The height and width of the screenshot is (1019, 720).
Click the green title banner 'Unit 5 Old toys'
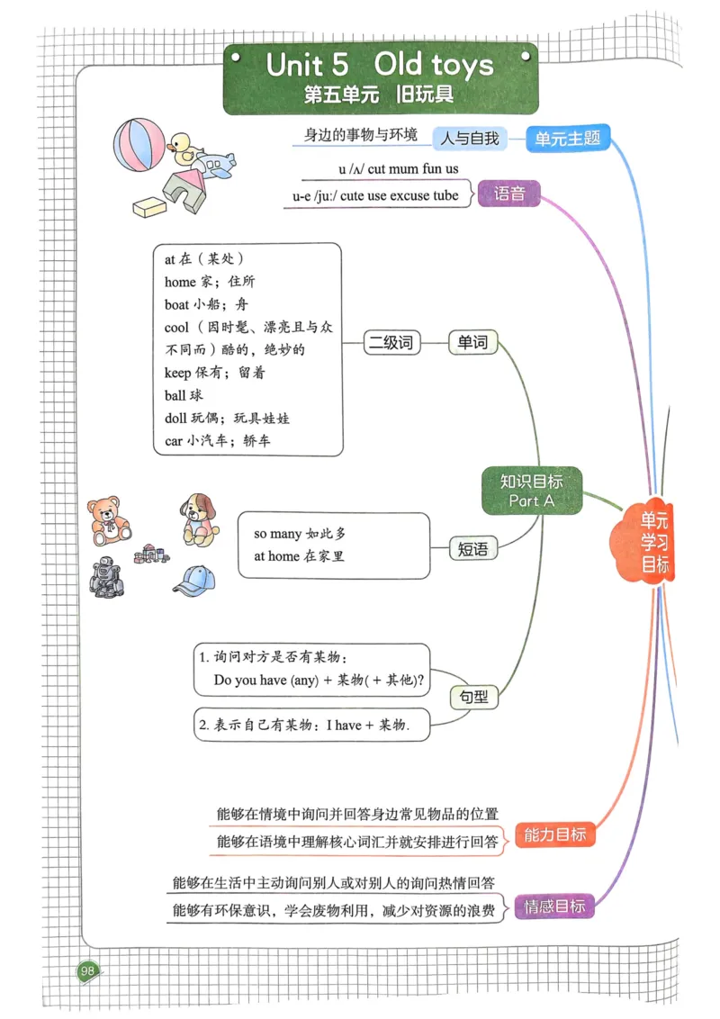[x=380, y=77]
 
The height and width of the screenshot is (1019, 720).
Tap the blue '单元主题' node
[x=567, y=139]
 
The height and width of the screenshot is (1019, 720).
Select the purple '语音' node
[x=509, y=193]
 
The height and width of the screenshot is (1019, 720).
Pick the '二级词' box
[x=392, y=342]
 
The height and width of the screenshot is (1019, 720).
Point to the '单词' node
[x=472, y=342]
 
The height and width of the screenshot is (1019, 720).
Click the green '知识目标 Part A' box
[x=532, y=491]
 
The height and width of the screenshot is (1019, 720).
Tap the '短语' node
[x=472, y=548]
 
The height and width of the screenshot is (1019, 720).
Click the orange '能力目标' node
[x=554, y=834]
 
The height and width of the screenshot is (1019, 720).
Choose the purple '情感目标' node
[x=554, y=906]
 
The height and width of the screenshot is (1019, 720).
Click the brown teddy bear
[x=108, y=521]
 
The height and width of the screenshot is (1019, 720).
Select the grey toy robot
[x=106, y=577]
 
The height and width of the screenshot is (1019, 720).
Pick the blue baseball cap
[x=194, y=581]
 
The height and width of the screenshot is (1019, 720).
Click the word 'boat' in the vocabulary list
[x=176, y=304]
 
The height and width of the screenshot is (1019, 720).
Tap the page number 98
[x=87, y=969]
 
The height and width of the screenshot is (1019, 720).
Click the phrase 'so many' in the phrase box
[x=278, y=534]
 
